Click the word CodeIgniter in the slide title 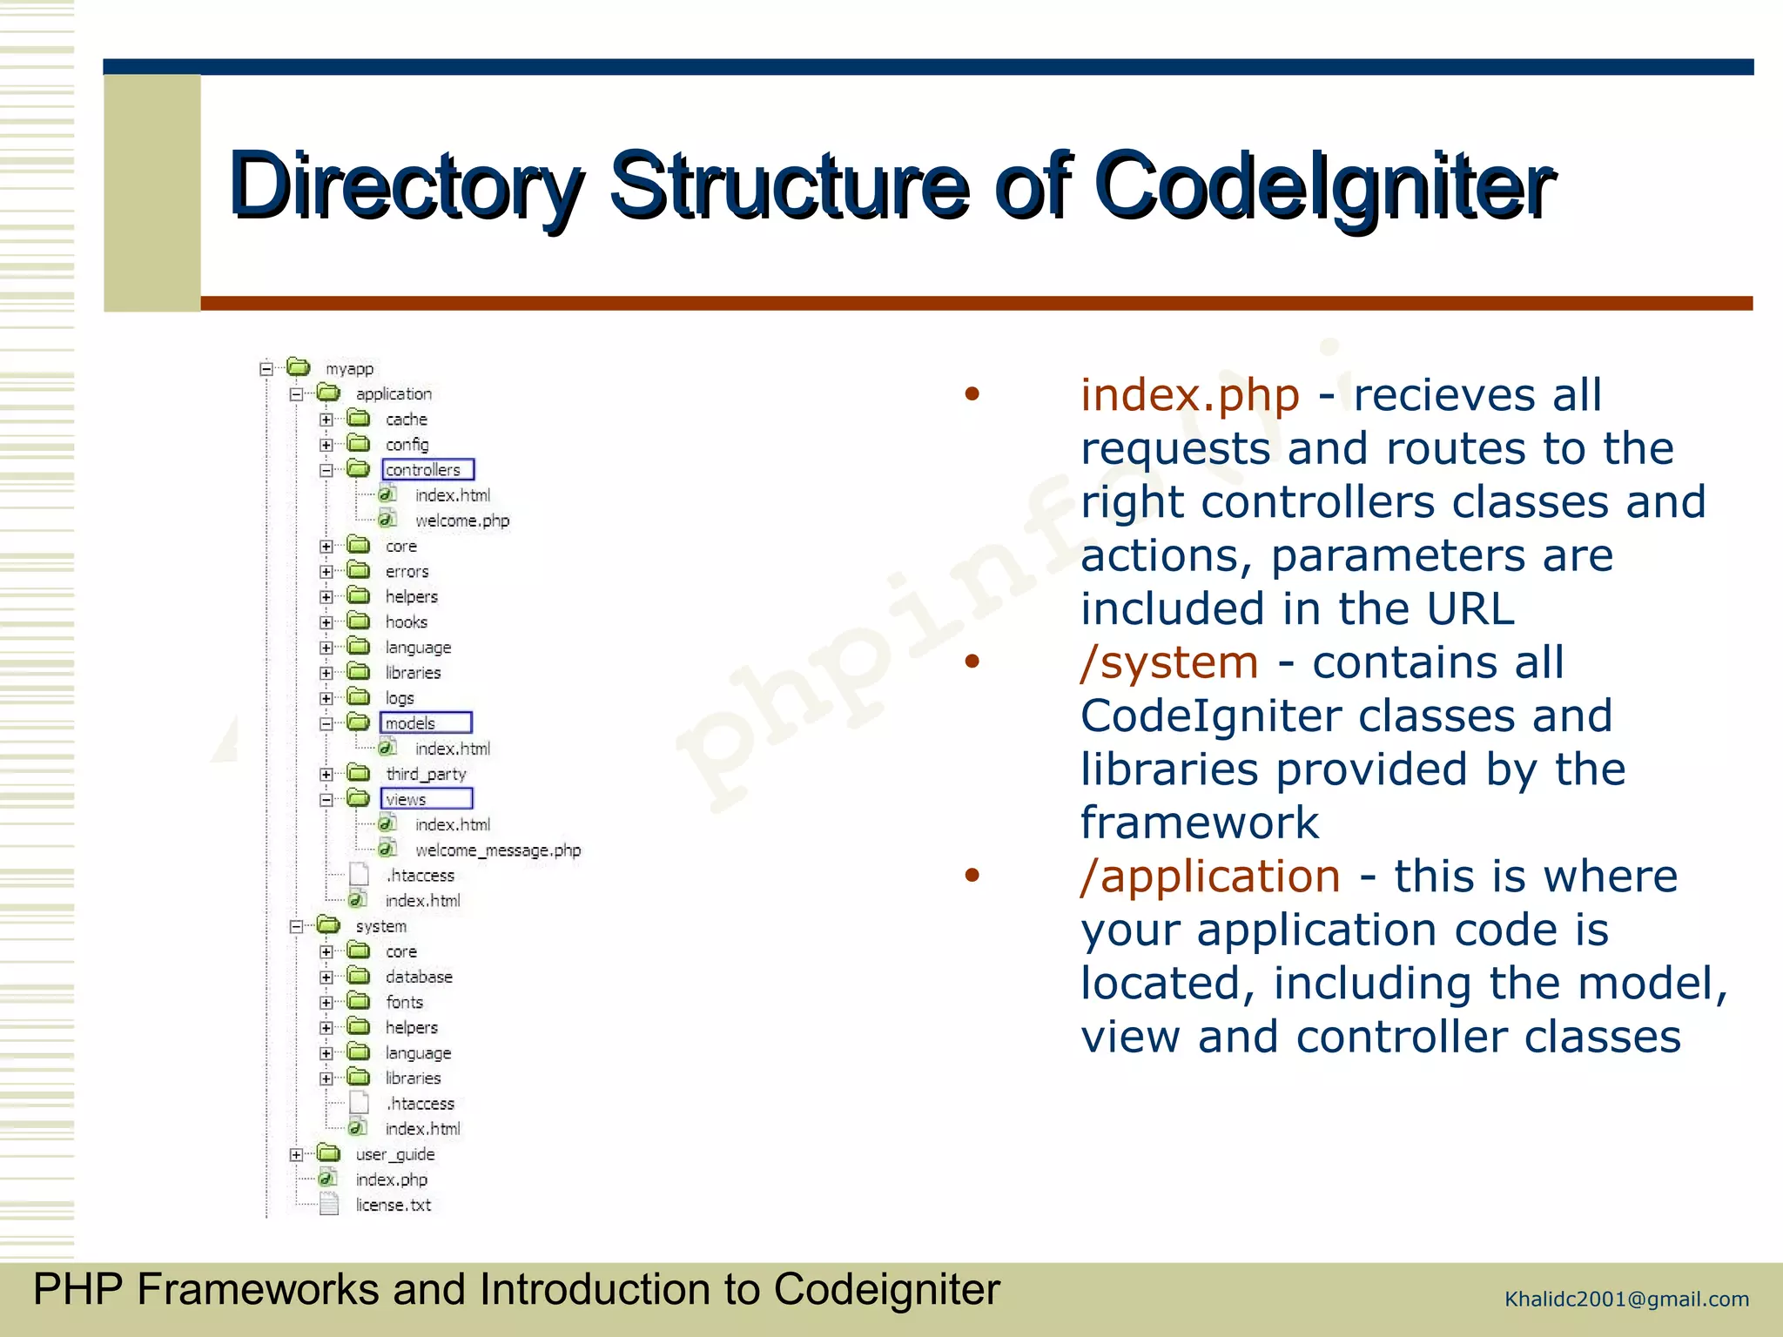click(x=1323, y=185)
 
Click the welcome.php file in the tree click(x=462, y=521)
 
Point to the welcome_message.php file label click(x=498, y=850)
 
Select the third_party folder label click(x=426, y=774)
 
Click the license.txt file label click(x=394, y=1205)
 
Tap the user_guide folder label click(x=395, y=1154)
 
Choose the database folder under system click(x=419, y=977)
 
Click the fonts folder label click(x=405, y=1002)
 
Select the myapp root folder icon click(x=299, y=367)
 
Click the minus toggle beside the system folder click(x=296, y=926)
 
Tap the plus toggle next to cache click(x=326, y=420)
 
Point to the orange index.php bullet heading click(x=1190, y=395)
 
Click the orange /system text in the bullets click(x=1169, y=662)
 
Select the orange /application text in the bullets click(x=1210, y=877)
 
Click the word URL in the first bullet click(x=1470, y=609)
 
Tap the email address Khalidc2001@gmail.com click(x=1626, y=1300)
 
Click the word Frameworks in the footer click(x=258, y=1289)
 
